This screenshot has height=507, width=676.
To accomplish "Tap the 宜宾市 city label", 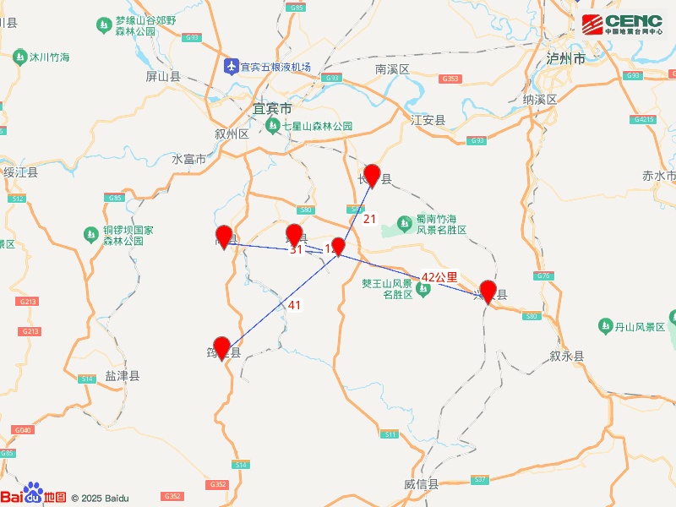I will (272, 109).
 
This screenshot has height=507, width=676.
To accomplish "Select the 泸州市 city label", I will (566, 59).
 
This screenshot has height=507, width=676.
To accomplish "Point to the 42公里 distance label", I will (439, 276).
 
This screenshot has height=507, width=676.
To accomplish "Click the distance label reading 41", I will (294, 305).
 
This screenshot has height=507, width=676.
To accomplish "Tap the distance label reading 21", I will (369, 219).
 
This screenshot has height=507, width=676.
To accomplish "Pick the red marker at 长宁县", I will (372, 175).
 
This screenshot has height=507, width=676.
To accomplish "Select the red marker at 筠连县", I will (222, 347).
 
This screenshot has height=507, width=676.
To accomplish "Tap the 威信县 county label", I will (421, 485).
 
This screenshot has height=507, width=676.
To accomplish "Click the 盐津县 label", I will (123, 376).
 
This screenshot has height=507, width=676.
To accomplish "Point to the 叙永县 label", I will (566, 357).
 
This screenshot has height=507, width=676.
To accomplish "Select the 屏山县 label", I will (163, 76).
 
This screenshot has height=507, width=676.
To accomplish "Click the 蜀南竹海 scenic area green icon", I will (405, 223).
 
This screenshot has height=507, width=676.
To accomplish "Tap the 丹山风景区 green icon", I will (605, 325).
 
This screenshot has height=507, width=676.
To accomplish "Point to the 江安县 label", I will (428, 120).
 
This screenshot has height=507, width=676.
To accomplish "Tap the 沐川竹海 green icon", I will (19, 57).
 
